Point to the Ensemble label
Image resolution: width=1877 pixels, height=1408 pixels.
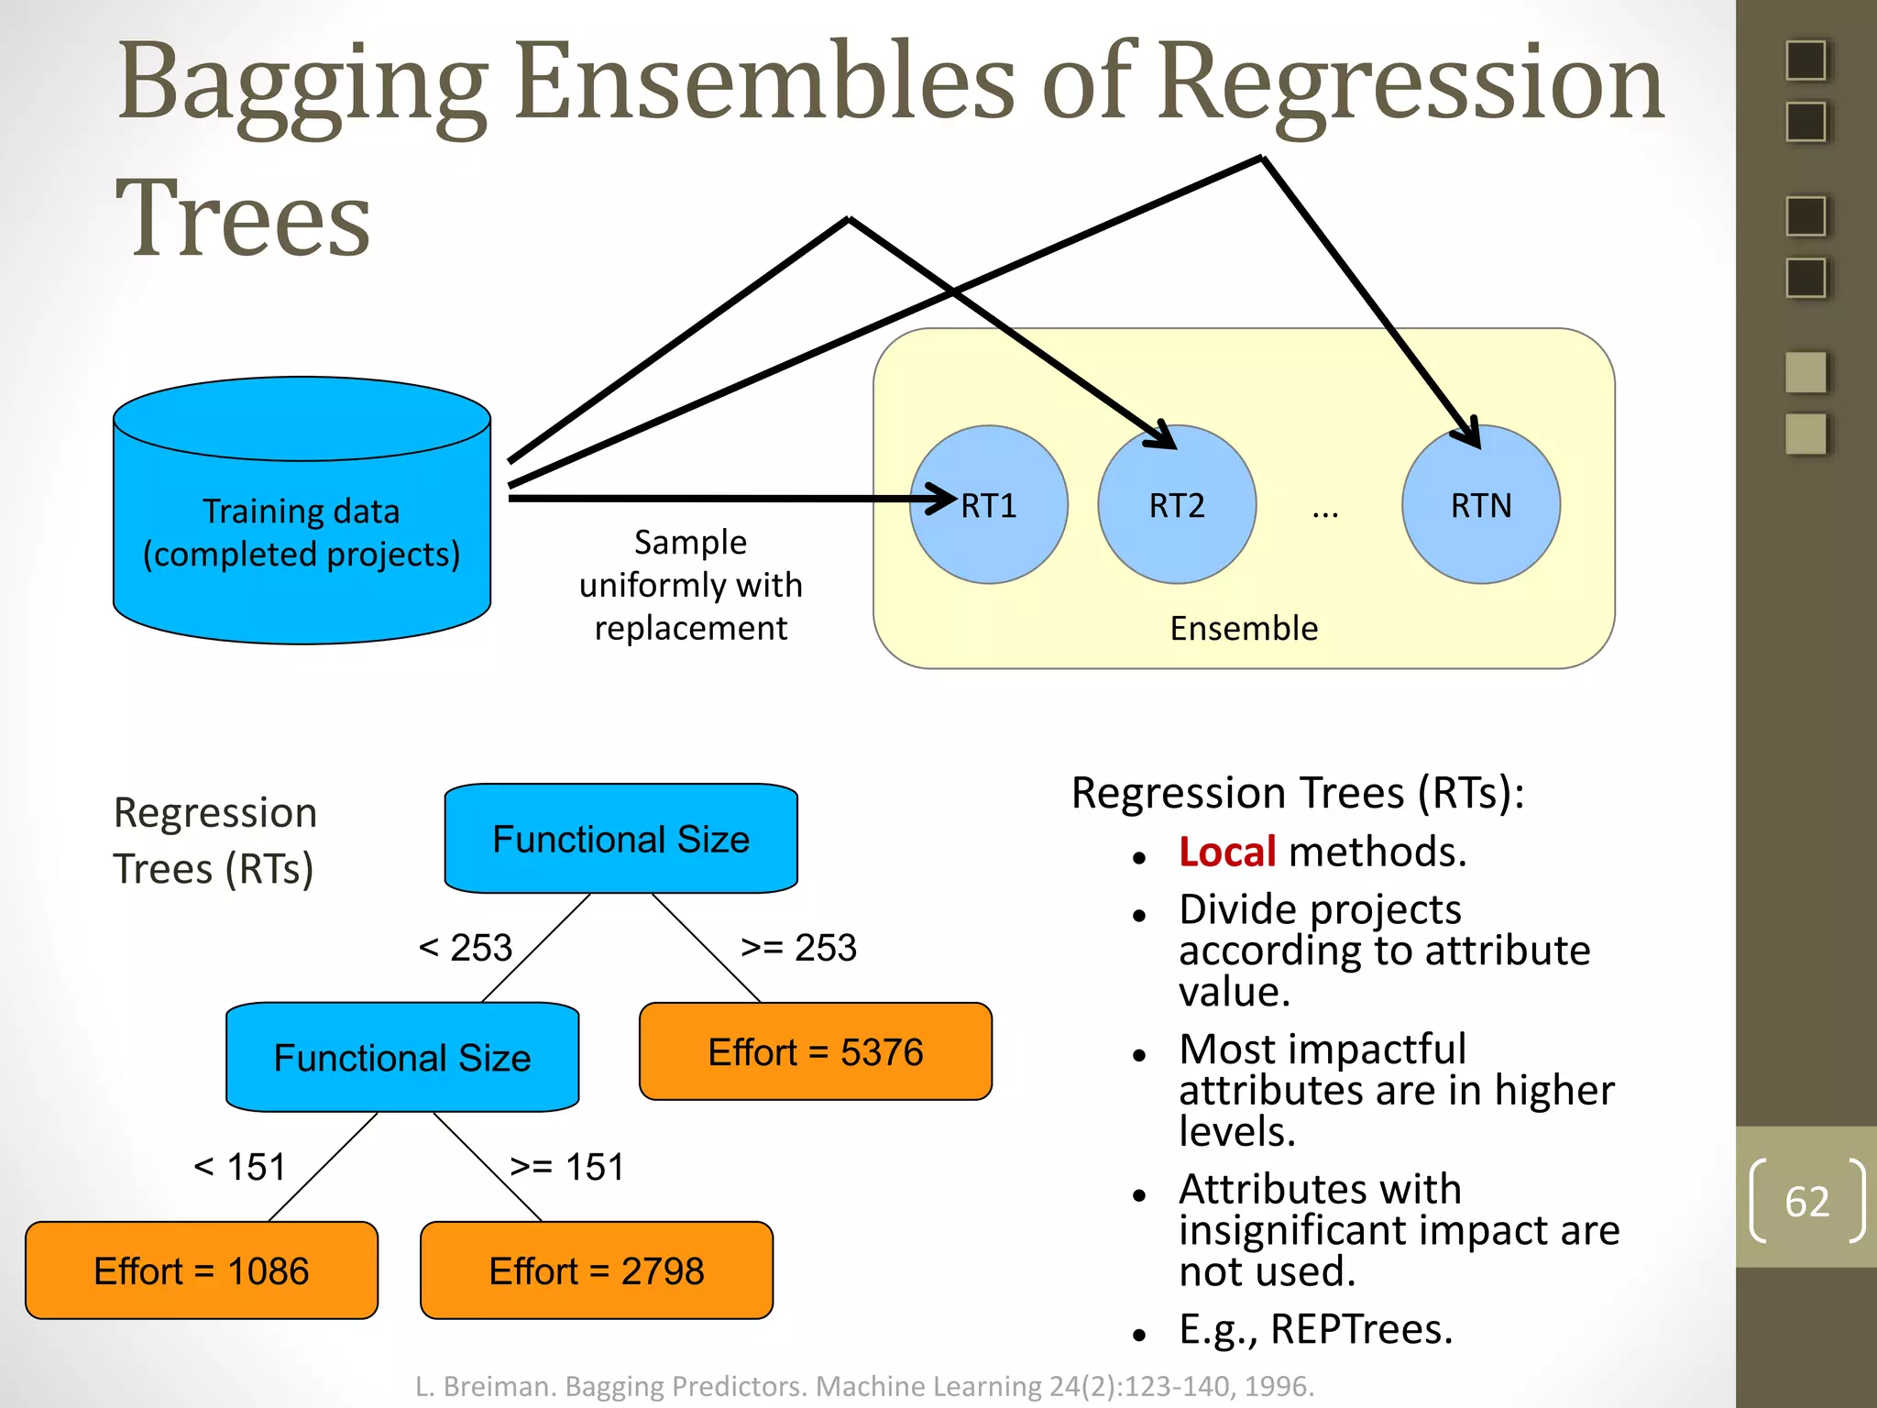1244,629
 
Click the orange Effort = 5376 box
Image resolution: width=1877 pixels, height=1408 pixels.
815,1052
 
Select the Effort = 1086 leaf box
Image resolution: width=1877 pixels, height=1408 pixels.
202,1271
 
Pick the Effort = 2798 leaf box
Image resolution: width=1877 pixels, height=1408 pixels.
597,1271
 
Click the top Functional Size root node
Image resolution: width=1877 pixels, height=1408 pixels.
620,839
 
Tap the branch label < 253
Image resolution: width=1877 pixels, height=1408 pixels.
466,948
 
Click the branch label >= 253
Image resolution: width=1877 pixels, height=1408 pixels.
798,948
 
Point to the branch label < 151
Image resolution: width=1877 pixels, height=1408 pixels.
240,1168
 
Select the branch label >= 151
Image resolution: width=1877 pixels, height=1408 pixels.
567,1168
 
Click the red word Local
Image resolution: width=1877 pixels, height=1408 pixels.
1226,852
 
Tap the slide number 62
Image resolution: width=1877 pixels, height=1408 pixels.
1806,1202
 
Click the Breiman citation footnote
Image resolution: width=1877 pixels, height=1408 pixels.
864,1386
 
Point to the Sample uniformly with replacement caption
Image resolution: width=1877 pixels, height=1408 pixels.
690,585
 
